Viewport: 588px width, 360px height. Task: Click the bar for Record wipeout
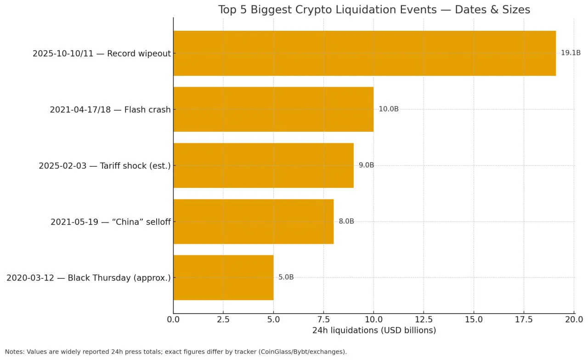coord(364,53)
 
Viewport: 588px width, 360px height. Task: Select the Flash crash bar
coord(273,109)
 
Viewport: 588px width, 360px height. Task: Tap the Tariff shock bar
coord(263,165)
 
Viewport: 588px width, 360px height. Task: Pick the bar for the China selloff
coord(253,221)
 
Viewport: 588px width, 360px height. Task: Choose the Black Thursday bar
coord(223,277)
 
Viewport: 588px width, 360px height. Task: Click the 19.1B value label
coord(571,53)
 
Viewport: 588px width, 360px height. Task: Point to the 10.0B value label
coord(389,109)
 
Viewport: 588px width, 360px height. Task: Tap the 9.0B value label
coord(367,165)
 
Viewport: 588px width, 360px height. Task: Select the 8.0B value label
coord(346,221)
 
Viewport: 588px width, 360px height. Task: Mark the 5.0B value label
coord(286,277)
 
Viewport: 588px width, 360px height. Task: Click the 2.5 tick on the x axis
coord(223,320)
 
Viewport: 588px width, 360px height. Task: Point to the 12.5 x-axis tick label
coord(424,320)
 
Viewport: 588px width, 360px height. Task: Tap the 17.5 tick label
coord(524,320)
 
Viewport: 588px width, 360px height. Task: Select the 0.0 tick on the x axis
coord(173,320)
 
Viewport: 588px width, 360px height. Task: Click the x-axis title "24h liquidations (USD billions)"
coord(374,330)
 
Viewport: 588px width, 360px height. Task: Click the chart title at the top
coord(374,10)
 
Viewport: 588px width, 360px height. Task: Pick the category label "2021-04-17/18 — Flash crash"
coord(110,110)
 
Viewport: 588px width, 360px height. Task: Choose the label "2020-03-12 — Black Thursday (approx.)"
coord(89,278)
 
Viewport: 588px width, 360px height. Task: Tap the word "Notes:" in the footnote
coord(15,352)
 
